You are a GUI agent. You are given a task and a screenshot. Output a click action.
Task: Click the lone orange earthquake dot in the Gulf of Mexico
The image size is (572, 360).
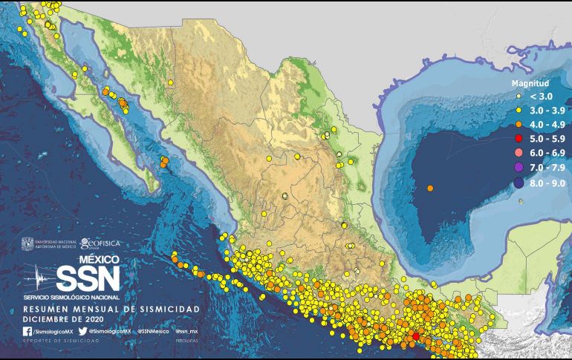tap(431, 189)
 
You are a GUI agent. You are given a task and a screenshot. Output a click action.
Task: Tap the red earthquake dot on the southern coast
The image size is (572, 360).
tap(416, 336)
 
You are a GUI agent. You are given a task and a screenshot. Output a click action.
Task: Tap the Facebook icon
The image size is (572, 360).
tap(27, 331)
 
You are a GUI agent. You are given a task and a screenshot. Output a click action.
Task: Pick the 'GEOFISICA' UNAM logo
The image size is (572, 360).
tap(100, 243)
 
